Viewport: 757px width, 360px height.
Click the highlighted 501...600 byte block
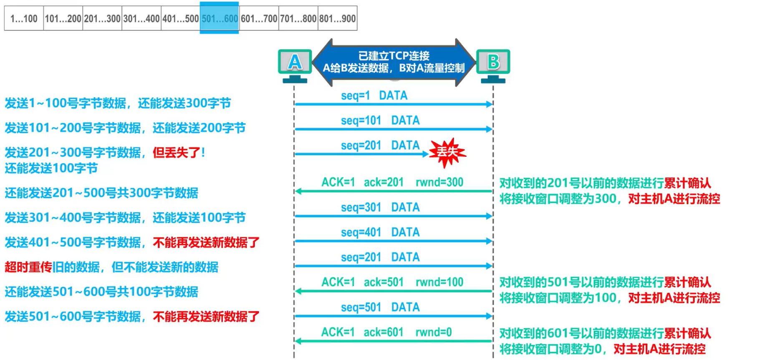[x=220, y=18]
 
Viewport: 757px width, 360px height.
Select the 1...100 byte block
[x=24, y=18]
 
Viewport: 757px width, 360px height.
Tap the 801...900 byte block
[x=337, y=18]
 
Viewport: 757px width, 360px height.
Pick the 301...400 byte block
[x=141, y=18]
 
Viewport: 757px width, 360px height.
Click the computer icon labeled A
[x=295, y=64]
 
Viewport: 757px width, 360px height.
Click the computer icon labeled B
[x=493, y=64]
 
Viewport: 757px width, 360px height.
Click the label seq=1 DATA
[x=374, y=96]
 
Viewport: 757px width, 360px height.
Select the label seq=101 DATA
[x=380, y=121]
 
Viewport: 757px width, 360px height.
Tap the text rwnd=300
[x=439, y=182]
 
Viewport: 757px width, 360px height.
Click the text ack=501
[x=384, y=282]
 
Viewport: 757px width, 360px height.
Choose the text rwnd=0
[x=433, y=332]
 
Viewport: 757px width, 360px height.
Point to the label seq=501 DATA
[x=380, y=307]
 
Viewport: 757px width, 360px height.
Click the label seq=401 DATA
[x=380, y=232]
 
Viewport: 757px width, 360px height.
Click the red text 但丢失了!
[x=179, y=153]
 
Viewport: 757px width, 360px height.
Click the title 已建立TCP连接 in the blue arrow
[x=394, y=56]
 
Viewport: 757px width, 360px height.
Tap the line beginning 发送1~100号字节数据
[x=118, y=103]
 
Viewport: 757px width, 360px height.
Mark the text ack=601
[x=383, y=332]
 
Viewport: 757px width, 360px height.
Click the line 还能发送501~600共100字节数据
[x=101, y=292]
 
